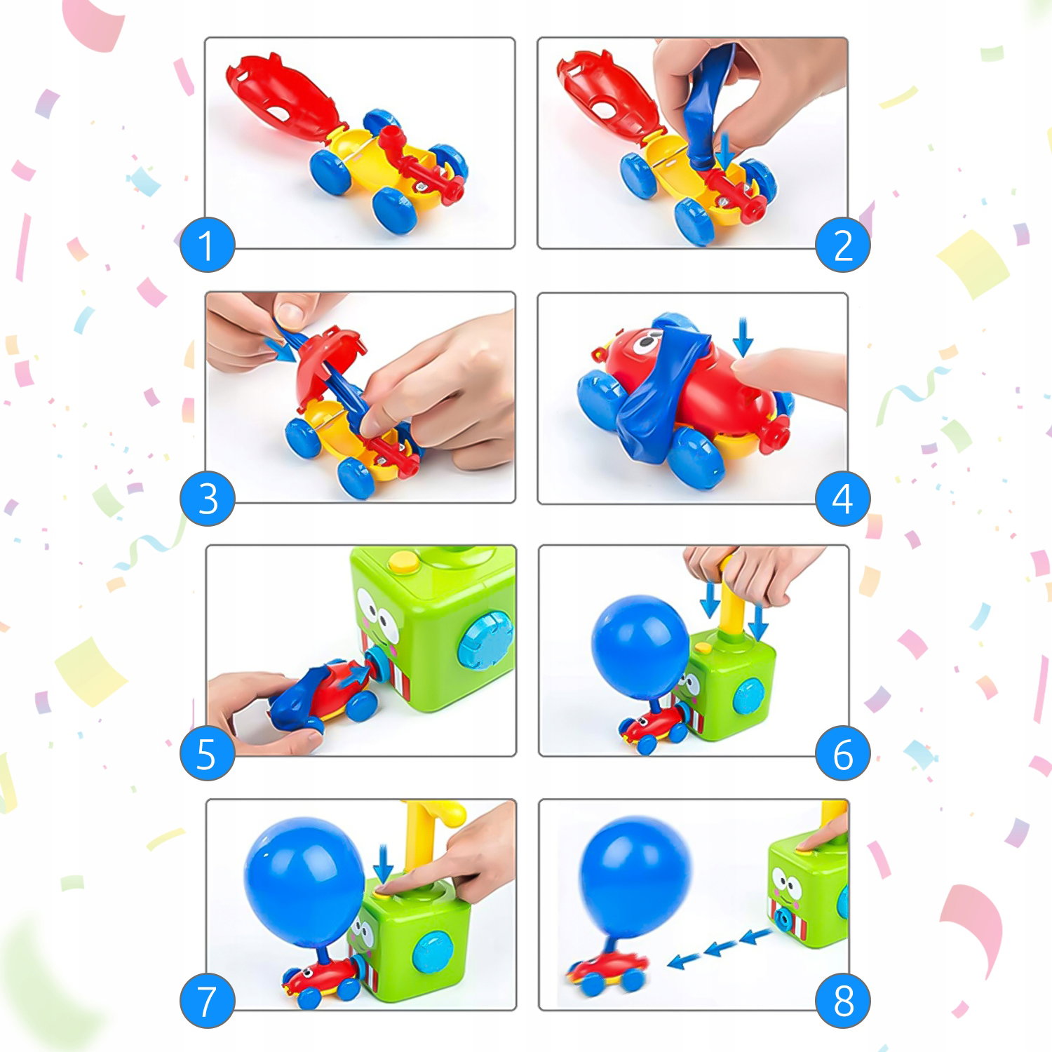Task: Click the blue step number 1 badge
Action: pyautogui.click(x=207, y=245)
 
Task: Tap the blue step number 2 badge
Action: pyautogui.click(x=842, y=245)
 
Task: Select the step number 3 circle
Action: pyautogui.click(x=207, y=499)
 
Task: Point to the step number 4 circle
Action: pyautogui.click(x=842, y=499)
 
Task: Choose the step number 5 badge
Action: pyautogui.click(x=207, y=753)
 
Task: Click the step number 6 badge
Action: pyautogui.click(x=842, y=753)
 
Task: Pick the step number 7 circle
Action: pyautogui.click(x=207, y=1001)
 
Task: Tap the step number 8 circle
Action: pyautogui.click(x=842, y=1001)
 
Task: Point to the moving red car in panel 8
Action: pyautogui.click(x=608, y=972)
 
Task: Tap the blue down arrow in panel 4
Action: pyautogui.click(x=742, y=337)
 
